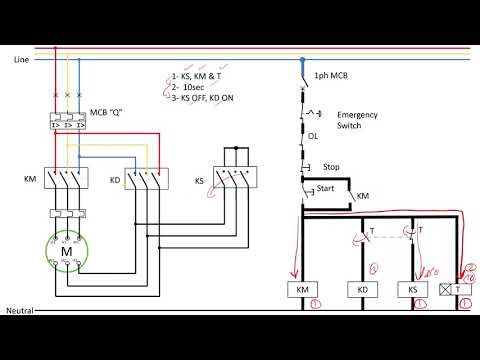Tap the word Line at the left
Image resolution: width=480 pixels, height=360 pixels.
(21, 60)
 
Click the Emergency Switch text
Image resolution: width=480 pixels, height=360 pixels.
(357, 120)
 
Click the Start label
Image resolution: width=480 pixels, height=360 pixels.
(326, 188)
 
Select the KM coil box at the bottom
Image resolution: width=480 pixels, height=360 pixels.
(300, 290)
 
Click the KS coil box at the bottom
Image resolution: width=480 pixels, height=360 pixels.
(414, 290)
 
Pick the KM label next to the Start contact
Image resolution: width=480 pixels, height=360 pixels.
(363, 198)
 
